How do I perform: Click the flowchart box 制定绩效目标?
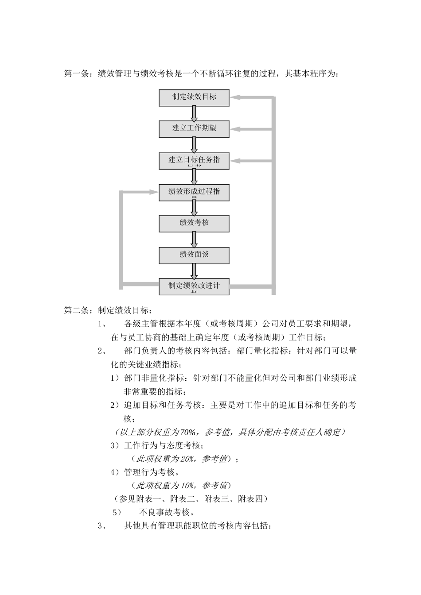pyautogui.click(x=194, y=97)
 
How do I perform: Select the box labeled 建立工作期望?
pyautogui.click(x=194, y=129)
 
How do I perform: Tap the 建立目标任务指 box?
pyautogui.click(x=194, y=161)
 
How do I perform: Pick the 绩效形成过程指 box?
pyautogui.click(x=194, y=192)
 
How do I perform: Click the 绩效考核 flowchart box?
pyautogui.click(x=194, y=224)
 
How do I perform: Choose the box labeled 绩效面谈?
pyautogui.click(x=194, y=255)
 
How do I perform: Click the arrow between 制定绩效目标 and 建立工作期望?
pyautogui.click(x=194, y=113)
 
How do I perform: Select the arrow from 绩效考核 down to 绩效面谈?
pyautogui.click(x=194, y=240)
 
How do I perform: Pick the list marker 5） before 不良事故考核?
pyautogui.click(x=117, y=513)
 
